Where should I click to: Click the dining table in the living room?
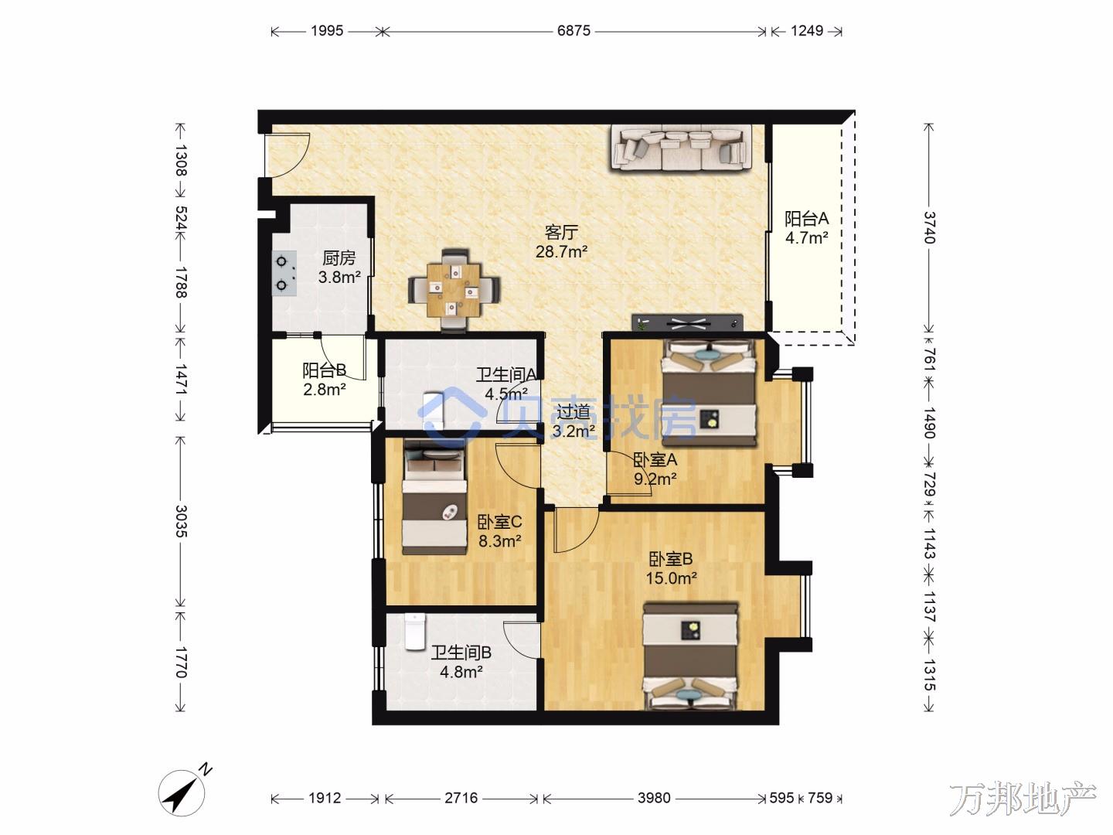point(454,290)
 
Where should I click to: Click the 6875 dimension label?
point(574,31)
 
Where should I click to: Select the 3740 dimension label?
point(928,227)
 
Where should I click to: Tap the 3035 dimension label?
point(181,521)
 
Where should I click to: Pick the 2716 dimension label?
point(461,798)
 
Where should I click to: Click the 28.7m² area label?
point(561,251)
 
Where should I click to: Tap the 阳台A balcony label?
point(806,219)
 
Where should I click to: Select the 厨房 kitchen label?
point(339,258)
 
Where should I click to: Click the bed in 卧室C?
point(435,497)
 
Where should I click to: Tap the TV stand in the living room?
point(687,322)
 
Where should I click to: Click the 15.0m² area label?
point(671,578)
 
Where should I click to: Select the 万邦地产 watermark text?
point(1023,800)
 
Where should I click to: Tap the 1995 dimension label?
point(327,31)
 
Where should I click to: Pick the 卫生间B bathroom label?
point(461,653)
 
